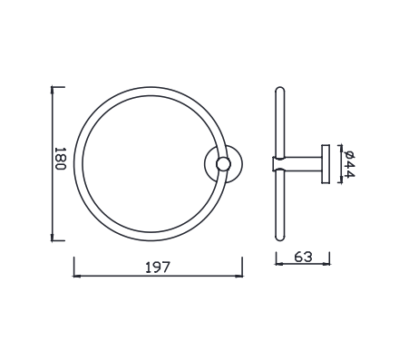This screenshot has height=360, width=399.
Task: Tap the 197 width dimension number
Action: tap(158, 268)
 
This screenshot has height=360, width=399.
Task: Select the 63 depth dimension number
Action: tap(304, 258)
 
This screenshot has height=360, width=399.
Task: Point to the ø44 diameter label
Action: tap(348, 163)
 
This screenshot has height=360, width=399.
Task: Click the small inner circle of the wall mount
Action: tap(224, 164)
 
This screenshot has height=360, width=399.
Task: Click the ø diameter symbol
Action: tap(348, 151)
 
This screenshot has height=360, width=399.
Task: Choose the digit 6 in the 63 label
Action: tap(299, 258)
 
